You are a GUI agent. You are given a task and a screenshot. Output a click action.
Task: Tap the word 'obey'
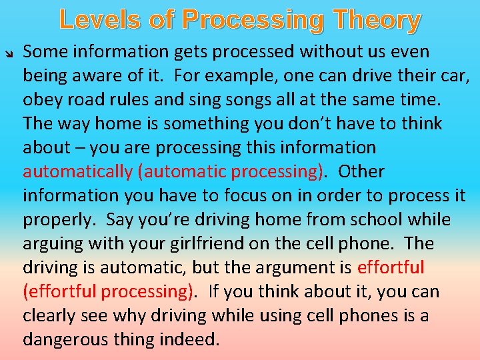point(42,99)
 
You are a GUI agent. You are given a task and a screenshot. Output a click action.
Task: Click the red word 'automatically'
point(78,171)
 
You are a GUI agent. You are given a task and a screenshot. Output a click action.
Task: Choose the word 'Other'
point(361,171)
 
